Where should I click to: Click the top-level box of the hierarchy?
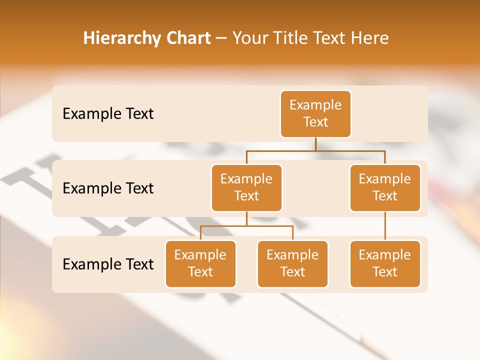[315, 114]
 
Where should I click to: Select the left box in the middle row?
[246, 188]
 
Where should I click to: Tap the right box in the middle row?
[385, 188]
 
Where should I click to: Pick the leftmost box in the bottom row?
[200, 264]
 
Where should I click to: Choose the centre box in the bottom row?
[292, 264]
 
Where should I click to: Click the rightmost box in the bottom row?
[385, 264]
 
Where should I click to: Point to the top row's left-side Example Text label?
[108, 114]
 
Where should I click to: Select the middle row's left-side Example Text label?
[108, 188]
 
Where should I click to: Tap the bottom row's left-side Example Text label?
[108, 264]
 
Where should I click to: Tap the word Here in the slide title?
[370, 38]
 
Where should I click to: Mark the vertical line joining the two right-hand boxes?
[385, 226]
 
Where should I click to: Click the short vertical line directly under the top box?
[315, 144]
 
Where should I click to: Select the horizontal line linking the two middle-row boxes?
[315, 150]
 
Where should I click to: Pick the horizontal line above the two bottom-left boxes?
[246, 226]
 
